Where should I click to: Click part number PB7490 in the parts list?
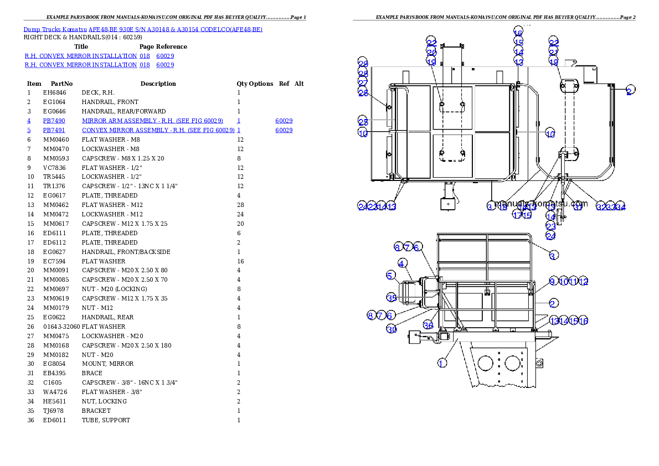tap(54, 120)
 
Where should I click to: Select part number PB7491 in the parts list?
tap(54, 131)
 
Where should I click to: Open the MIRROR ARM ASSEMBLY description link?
tap(152, 120)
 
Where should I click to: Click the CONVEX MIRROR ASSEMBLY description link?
tap(158, 131)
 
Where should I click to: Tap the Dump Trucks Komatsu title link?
tap(143, 29)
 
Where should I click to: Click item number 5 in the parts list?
tap(29, 131)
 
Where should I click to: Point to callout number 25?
tap(363, 122)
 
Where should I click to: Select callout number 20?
tap(431, 52)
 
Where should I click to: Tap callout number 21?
tap(554, 52)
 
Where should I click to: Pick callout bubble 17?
tap(517, 215)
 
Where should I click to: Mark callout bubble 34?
tap(621, 207)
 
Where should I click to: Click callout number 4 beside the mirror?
tap(402, 263)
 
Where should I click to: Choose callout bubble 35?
tap(392, 298)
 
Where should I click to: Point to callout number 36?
tap(428, 325)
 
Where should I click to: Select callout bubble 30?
tap(392, 329)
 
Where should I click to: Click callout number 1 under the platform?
tap(442, 363)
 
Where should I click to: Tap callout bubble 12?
tap(583, 282)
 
